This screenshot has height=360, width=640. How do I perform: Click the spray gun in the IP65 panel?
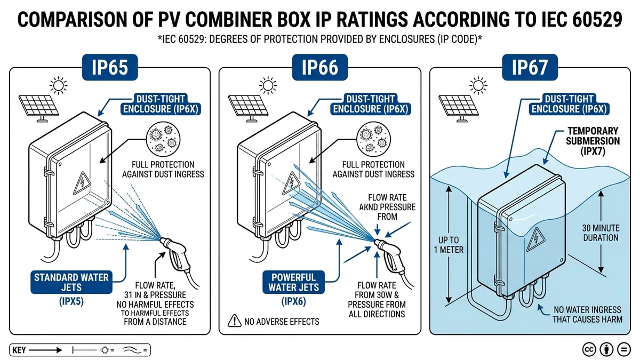pos(176,257)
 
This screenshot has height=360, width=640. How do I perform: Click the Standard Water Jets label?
pos(71,283)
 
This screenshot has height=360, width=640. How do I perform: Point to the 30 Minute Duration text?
pos(600,232)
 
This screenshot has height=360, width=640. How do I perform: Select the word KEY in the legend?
pos(19,350)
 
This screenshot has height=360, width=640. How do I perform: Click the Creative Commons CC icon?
pos(589,349)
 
